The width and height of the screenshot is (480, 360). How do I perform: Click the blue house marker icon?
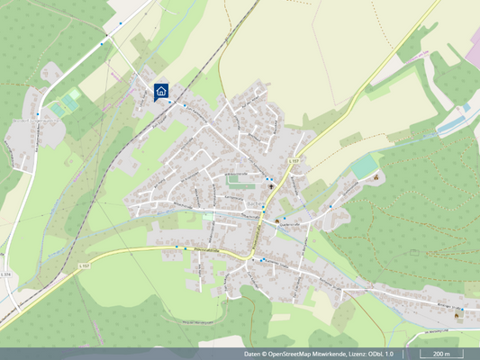[x=161, y=91]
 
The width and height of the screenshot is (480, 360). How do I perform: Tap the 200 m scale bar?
[x=440, y=354]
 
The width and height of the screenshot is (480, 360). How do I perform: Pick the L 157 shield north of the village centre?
[x=293, y=159]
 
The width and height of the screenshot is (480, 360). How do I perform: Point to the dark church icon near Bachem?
[x=277, y=220]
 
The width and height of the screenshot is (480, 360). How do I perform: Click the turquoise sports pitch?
[x=364, y=166]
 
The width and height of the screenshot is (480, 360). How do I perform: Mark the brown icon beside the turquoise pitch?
[x=376, y=176]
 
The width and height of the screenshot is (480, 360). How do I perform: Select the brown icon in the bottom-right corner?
[x=458, y=315]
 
